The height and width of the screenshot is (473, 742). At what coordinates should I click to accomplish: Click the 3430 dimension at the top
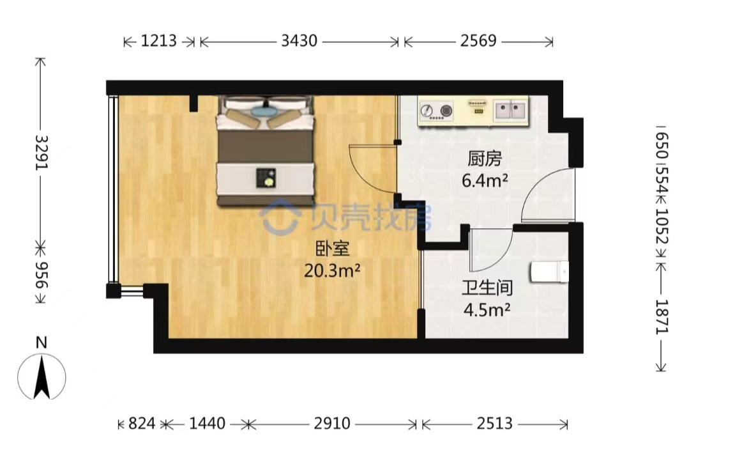pos(299,41)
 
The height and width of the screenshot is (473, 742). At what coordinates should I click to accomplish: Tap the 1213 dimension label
pos(159,41)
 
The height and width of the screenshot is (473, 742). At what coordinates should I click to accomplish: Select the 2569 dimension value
pos(478,41)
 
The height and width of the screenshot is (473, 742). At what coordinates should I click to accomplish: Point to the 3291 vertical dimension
pos(42,153)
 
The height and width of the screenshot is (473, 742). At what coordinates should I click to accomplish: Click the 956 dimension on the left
pos(42,275)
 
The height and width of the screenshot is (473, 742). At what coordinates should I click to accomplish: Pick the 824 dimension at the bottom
pos(142,423)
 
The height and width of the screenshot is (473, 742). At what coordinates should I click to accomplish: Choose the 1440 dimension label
pos(208,423)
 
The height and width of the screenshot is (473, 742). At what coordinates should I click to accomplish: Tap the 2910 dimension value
pos(331,423)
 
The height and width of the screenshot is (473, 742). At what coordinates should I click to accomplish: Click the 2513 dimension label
pos(494,423)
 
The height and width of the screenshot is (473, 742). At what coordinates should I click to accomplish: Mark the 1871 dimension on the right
pos(662,317)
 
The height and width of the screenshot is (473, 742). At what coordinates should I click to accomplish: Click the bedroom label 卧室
pos(333,249)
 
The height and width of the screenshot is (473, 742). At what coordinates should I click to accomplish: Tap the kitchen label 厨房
pos(485,159)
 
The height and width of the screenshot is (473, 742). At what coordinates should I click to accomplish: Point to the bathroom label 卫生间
pos(487,288)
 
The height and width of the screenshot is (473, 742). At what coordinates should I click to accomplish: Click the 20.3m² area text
pos(332,271)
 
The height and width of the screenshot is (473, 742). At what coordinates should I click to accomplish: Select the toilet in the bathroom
pos(550,272)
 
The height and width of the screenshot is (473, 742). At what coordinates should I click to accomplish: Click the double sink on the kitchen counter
pos(510,111)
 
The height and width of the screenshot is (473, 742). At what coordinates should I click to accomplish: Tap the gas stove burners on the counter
pos(436,111)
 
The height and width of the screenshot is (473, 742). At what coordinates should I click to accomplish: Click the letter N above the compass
pos(42,343)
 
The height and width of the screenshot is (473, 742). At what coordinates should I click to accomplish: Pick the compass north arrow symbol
pos(42,377)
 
